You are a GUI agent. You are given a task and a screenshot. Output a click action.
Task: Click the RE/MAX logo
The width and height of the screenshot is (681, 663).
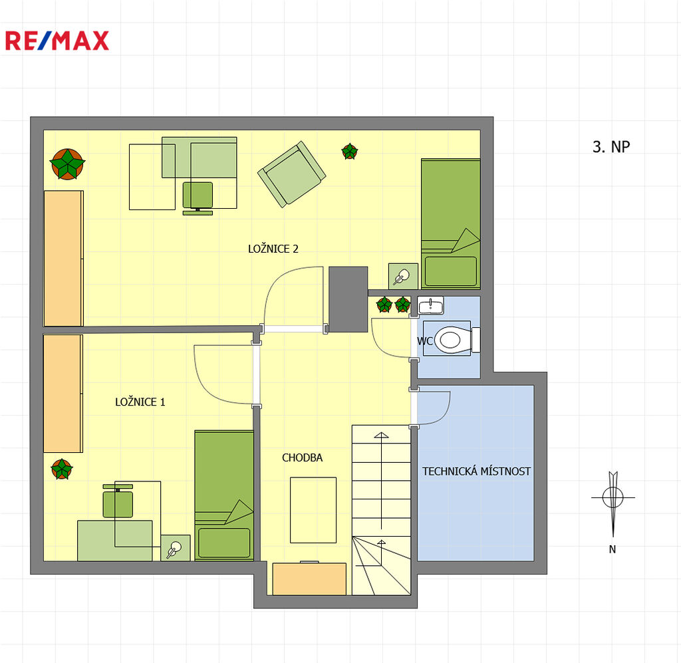coord(57,41)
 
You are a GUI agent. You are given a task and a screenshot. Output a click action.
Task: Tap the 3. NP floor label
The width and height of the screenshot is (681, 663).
coord(611,147)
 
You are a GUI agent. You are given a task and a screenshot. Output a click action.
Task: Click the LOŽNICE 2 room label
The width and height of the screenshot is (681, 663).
coord(273,249)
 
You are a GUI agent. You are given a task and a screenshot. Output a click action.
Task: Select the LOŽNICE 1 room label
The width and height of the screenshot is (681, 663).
coord(140,402)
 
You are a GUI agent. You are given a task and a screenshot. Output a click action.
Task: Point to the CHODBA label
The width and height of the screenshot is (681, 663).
coord(303,458)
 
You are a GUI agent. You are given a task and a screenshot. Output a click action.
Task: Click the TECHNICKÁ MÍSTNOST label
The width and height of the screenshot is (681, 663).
coord(476,471)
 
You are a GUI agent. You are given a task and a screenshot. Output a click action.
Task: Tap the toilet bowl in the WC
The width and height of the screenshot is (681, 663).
coord(452,339)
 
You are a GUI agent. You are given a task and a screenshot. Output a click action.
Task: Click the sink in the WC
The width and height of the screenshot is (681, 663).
coord(430,305)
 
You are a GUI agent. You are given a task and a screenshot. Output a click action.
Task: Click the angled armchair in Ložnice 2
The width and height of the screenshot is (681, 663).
coord(292,174)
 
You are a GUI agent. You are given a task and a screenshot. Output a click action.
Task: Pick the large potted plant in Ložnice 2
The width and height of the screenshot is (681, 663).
coord(67,164)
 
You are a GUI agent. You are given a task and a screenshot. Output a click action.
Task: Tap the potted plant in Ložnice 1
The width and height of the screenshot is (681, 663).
coord(62,469)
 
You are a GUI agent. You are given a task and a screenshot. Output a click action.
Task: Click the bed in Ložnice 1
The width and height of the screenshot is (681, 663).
coord(224,495)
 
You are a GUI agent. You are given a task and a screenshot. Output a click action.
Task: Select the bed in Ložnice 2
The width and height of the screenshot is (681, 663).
coord(450,223)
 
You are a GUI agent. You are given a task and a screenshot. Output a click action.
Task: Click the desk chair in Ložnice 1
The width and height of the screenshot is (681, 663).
coord(118,501)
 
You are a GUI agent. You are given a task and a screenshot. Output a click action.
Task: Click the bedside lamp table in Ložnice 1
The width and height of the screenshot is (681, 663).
coord(176,548)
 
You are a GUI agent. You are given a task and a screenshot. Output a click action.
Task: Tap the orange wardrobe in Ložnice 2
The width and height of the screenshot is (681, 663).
coord(63,258)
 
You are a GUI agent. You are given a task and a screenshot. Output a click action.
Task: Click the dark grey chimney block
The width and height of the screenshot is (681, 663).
coord(348,300)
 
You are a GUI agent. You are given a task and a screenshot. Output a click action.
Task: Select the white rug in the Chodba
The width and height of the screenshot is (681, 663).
coord(313,510)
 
